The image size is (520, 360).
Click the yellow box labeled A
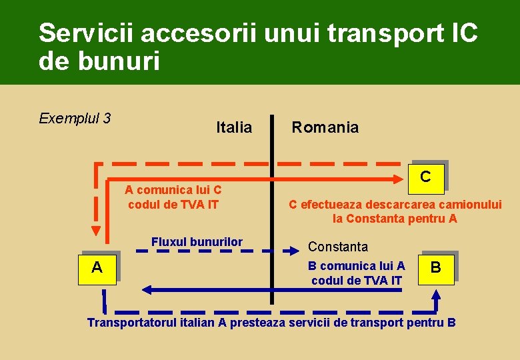[97, 268]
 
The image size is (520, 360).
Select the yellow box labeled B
[435, 268]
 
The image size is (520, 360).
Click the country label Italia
[234, 127]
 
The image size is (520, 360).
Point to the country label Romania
[325, 127]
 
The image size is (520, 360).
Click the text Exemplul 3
[75, 119]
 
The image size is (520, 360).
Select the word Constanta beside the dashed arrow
[337, 247]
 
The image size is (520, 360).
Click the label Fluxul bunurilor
[197, 241]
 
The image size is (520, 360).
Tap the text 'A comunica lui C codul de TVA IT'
[173, 197]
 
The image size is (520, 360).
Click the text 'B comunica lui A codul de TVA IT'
[357, 273]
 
